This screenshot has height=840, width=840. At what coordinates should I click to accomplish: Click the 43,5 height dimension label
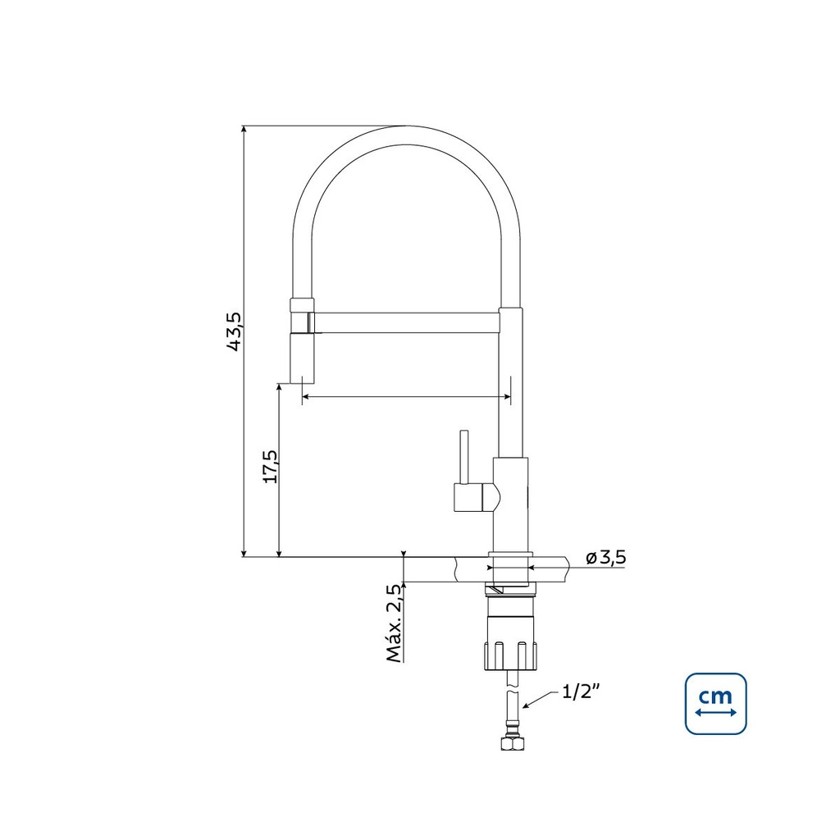click(234, 331)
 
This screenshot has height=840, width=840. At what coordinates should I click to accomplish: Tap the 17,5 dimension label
click(271, 467)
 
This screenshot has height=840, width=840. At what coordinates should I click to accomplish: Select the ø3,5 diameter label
click(606, 558)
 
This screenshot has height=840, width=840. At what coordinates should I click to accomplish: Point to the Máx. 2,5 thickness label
click(395, 623)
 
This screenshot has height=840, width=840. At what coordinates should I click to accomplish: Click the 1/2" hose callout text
click(580, 692)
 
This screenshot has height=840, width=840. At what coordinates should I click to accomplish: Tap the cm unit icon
click(715, 703)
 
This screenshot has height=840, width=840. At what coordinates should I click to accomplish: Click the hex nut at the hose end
click(512, 742)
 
